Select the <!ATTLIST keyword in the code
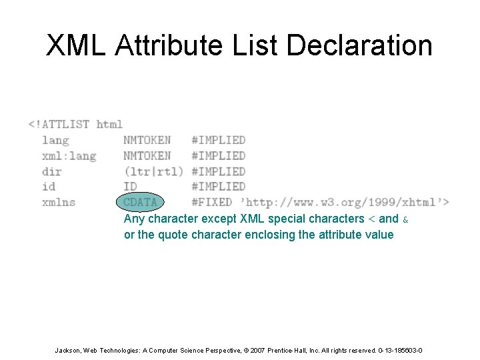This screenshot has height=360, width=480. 59,124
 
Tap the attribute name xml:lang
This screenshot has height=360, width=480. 69,155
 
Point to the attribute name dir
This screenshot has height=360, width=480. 51,171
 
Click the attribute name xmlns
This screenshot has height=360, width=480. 59,202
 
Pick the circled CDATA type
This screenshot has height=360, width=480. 141,202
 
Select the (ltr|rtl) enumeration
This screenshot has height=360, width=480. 153,171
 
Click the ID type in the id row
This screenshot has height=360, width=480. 130,187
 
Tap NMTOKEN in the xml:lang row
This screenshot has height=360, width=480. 147,155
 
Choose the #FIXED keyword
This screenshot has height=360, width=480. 211,202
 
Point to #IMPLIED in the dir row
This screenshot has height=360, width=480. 218,171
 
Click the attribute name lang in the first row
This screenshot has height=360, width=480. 55,140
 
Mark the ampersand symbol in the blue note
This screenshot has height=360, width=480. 406,219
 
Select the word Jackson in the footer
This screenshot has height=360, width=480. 69,351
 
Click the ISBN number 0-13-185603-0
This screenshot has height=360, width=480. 398,351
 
